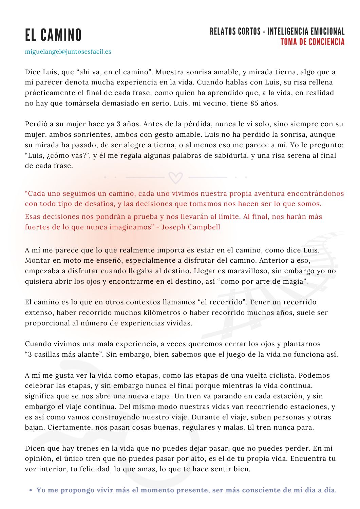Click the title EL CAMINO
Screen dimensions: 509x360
coord(53,35)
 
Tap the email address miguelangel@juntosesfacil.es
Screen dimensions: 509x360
coord(68,52)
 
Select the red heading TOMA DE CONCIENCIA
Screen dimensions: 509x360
coord(312,42)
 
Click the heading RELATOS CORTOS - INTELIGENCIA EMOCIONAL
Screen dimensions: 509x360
coord(277,32)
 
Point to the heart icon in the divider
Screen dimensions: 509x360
coord(176,177)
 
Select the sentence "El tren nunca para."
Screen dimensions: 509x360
coord(281,427)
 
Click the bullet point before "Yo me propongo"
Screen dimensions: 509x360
coord(31,490)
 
